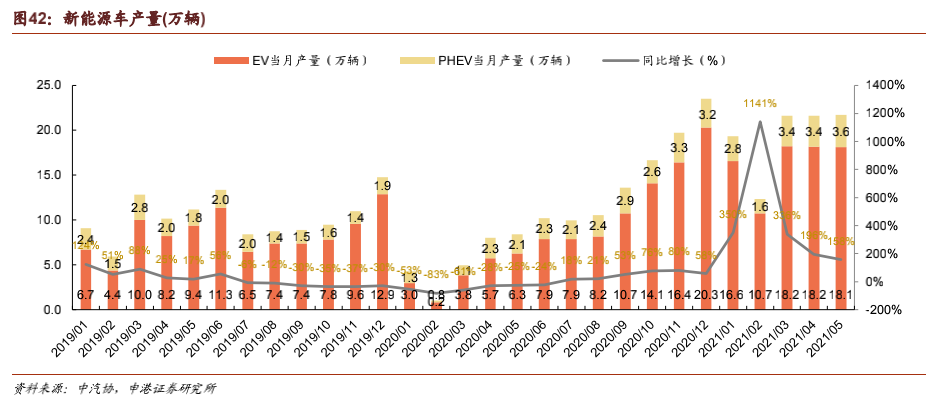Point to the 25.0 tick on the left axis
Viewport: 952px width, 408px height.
pos(50,85)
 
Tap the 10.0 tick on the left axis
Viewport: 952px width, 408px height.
pos(50,220)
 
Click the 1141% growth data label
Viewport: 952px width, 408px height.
pos(760,103)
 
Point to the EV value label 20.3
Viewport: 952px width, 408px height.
pos(706,294)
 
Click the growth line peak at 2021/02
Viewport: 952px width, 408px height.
pos(760,122)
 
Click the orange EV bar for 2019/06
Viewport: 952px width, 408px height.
pos(220,250)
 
